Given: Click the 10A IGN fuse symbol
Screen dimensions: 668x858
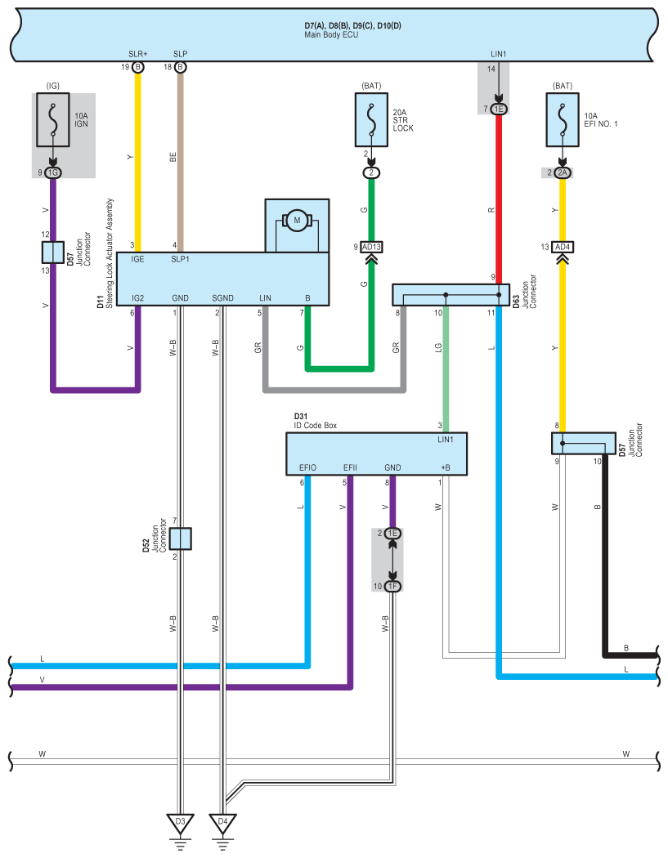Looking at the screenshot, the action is click(x=53, y=120).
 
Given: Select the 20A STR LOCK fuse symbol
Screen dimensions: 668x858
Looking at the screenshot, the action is click(x=372, y=120).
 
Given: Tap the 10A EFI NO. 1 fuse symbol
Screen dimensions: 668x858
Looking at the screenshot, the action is click(x=563, y=120).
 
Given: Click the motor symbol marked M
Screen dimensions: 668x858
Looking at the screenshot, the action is click(x=297, y=221).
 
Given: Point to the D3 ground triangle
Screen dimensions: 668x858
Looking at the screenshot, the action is click(x=180, y=823).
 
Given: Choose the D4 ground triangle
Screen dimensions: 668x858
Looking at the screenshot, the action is click(x=222, y=823).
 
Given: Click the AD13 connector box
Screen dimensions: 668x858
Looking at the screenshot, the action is click(x=371, y=248).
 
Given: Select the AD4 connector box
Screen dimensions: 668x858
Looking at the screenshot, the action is click(x=563, y=248).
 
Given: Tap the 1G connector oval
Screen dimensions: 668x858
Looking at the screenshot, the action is click(x=53, y=173).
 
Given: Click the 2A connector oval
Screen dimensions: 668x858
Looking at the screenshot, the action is click(x=563, y=173).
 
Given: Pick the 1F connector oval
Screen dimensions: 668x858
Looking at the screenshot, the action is click(x=392, y=587).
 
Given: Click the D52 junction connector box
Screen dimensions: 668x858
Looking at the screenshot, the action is click(x=180, y=539).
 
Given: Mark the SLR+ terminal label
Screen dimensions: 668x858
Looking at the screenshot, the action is click(x=138, y=54).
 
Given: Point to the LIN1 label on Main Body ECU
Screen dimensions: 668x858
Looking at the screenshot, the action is click(x=498, y=54).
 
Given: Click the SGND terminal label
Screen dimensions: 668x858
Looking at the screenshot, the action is click(x=223, y=298).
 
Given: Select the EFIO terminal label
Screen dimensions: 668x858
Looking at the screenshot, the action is click(x=307, y=468).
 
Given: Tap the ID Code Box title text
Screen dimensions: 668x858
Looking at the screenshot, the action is click(x=316, y=426).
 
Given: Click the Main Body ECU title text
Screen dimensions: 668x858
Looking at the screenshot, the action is click(x=331, y=35).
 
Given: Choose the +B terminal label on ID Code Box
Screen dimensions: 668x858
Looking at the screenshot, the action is click(x=446, y=468).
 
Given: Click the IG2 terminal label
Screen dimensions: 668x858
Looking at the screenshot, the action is click(x=138, y=298).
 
